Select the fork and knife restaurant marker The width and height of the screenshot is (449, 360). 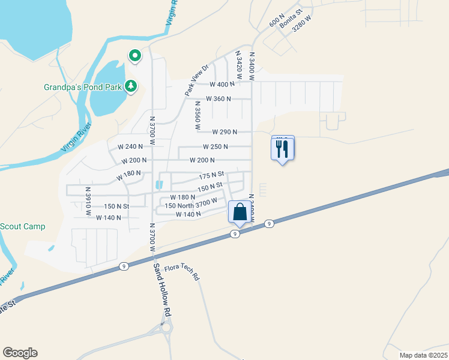click(x=283, y=148)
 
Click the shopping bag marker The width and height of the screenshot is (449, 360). click(x=240, y=212)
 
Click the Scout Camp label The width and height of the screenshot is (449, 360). click(x=22, y=226)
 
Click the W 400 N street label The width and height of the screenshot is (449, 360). click(x=222, y=85)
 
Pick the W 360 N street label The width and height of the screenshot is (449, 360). click(x=218, y=98)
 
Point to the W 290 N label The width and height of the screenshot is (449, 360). click(x=224, y=132)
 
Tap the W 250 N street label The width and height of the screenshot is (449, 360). click(x=215, y=146)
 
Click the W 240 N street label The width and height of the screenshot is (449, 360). click(x=130, y=146)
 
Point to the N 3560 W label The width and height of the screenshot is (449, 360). click(x=196, y=115)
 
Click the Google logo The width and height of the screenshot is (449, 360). click(x=20, y=353)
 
